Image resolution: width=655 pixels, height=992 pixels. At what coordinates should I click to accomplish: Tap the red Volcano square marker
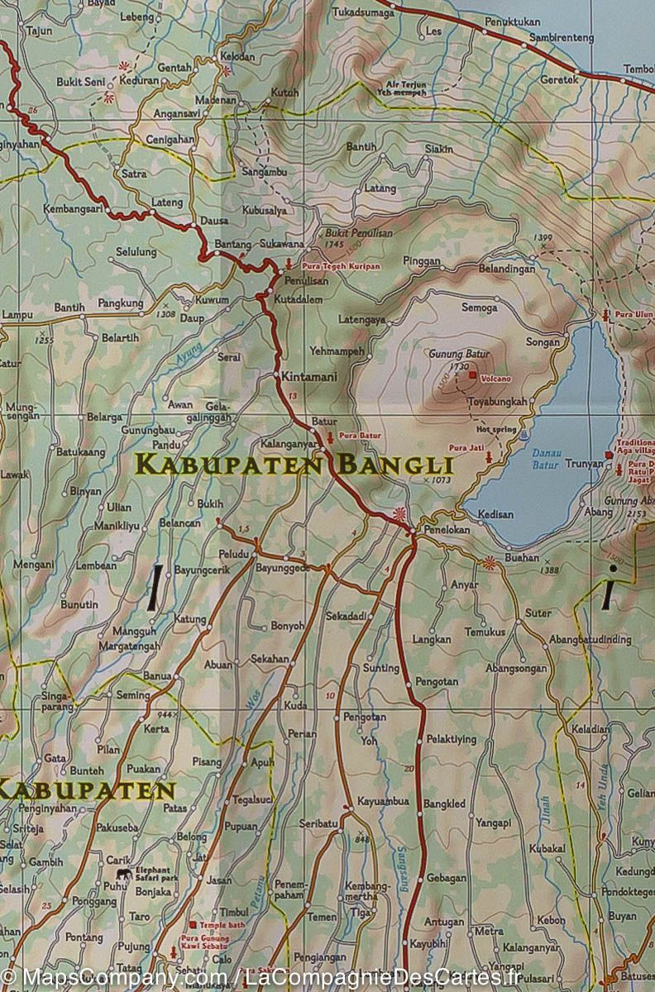click(472, 375)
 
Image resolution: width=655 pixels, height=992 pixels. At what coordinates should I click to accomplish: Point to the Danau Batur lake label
click(545, 460)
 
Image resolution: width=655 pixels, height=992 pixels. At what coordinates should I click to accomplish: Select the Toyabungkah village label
click(497, 402)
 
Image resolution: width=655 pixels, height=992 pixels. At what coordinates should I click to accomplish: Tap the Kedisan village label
click(496, 514)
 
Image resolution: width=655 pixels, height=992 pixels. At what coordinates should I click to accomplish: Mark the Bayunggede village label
click(283, 569)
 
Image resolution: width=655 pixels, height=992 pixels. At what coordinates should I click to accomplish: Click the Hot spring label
click(495, 430)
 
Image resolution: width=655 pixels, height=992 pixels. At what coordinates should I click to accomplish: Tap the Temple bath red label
click(223, 924)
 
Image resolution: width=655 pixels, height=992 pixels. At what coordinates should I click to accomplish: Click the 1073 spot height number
click(440, 480)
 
